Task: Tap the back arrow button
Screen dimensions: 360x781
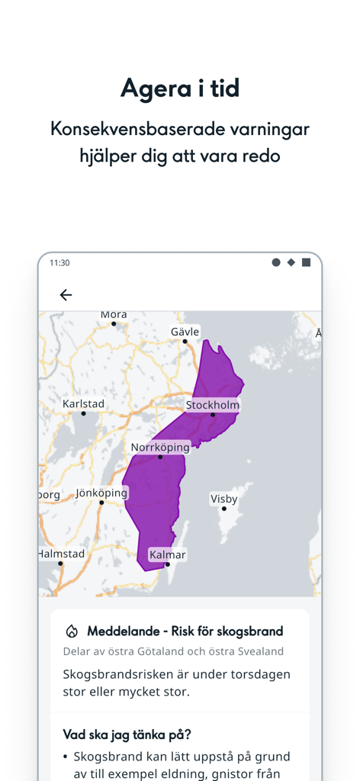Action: click(66, 295)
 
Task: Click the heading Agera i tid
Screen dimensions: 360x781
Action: click(180, 88)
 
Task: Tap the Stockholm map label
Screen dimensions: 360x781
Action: click(213, 405)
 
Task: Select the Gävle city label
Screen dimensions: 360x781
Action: click(185, 332)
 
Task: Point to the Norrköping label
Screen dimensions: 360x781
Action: click(160, 448)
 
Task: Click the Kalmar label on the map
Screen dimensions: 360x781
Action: click(168, 554)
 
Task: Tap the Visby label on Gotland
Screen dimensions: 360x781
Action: click(224, 499)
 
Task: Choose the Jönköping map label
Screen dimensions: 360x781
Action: click(101, 493)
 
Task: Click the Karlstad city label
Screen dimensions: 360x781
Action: click(83, 403)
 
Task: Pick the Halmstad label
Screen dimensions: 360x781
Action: click(62, 554)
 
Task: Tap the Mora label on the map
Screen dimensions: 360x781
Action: click(114, 314)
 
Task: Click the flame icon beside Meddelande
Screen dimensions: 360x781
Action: click(72, 632)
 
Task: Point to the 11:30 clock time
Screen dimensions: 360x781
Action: click(59, 262)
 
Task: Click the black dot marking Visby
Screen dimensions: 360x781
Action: click(224, 509)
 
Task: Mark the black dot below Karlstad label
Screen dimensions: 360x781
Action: click(83, 413)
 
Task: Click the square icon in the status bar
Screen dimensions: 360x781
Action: click(306, 262)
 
